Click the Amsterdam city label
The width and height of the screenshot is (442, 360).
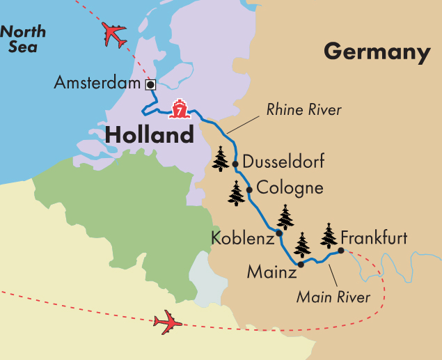pyautogui.click(x=97, y=84)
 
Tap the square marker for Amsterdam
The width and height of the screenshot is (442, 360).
pyautogui.click(x=149, y=84)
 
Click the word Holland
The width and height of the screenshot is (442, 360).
pyautogui.click(x=149, y=134)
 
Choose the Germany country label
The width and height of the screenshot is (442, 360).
pyautogui.click(x=377, y=52)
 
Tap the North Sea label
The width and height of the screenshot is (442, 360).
pyautogui.click(x=23, y=39)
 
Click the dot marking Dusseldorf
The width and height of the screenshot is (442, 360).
pyautogui.click(x=235, y=164)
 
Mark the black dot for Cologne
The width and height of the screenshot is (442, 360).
pyautogui.click(x=248, y=189)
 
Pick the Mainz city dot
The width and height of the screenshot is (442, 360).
pyautogui.click(x=301, y=265)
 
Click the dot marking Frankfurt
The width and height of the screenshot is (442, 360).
pyautogui.click(x=341, y=250)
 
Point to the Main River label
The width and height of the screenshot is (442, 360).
pyautogui.click(x=333, y=297)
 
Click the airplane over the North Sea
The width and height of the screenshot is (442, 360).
pyautogui.click(x=114, y=34)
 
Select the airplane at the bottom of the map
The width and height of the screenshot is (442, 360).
pyautogui.click(x=168, y=322)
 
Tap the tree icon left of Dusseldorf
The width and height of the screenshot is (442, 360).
pyautogui.click(x=221, y=159)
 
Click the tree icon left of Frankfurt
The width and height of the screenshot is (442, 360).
pyautogui.click(x=329, y=236)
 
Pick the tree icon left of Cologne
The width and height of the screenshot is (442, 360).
pyautogui.click(x=237, y=193)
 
